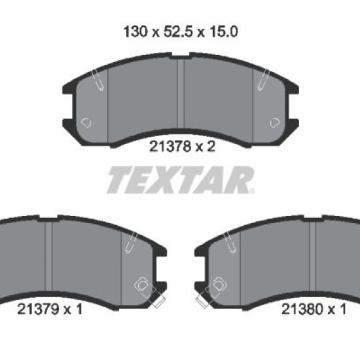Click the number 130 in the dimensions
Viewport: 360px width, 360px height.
(135, 31)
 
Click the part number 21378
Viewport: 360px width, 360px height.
(170, 146)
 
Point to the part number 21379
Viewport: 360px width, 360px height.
(38, 309)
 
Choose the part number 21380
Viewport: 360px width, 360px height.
(302, 309)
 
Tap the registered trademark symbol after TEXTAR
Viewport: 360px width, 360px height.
(252, 190)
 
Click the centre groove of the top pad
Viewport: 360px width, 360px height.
(181, 92)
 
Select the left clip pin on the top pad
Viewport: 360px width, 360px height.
(98, 80)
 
